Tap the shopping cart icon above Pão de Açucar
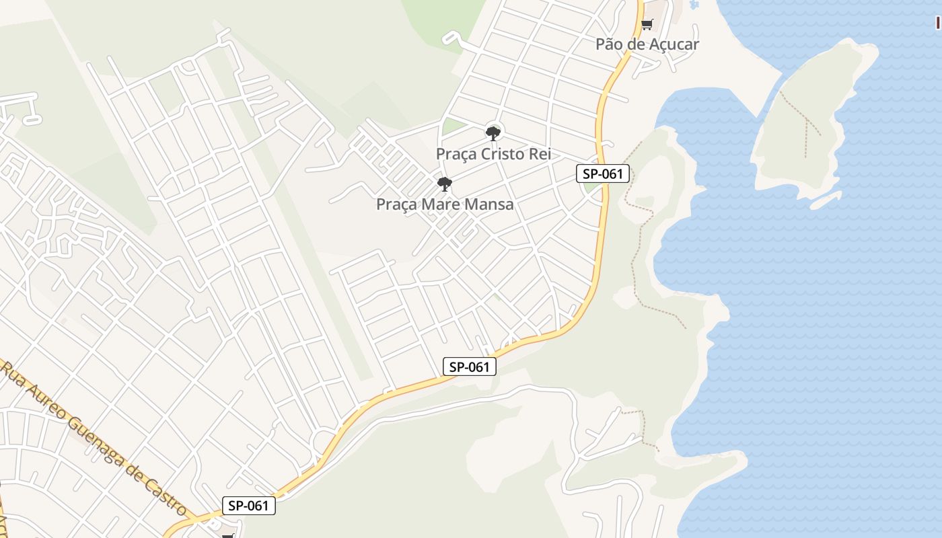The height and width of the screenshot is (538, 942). (647, 25)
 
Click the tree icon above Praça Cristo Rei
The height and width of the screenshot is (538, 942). (493, 133)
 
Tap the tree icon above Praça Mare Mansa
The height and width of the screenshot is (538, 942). (444, 184)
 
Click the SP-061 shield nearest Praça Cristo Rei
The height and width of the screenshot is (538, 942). (603, 174)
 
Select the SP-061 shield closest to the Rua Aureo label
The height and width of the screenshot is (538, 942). (248, 506)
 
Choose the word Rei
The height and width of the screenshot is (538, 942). (540, 154)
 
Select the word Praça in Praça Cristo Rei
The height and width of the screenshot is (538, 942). (456, 154)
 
